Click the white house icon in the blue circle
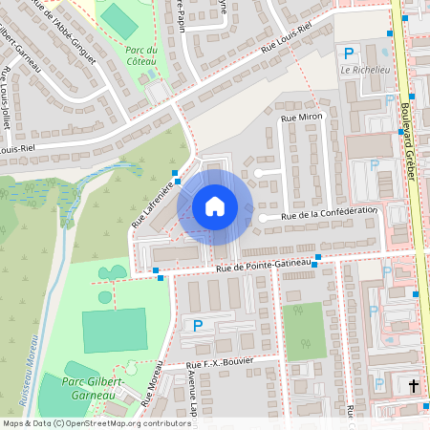[x=215, y=206]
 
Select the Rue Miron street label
[x=303, y=117]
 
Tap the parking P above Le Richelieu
[x=349, y=53]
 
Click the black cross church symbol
[x=414, y=386]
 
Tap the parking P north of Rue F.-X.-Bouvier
[x=198, y=326]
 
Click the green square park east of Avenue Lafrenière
[x=303, y=331]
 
